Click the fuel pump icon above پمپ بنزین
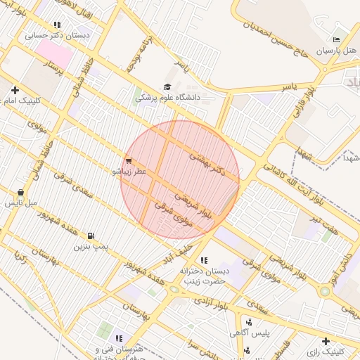91,236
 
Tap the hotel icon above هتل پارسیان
336,39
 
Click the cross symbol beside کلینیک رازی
325,341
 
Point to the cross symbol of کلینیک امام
15,90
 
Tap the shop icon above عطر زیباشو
128,160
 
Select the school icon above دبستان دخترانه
204,260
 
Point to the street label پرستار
53,68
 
